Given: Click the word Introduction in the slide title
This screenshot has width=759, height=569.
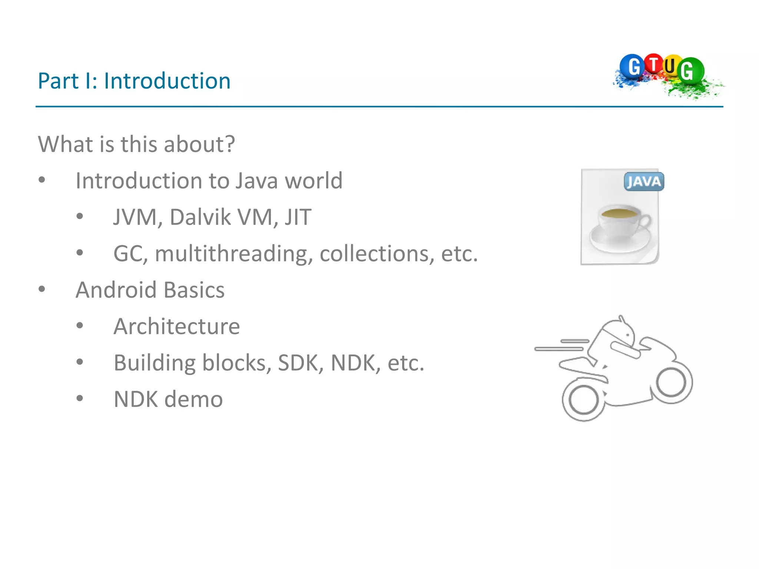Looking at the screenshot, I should click(x=167, y=81).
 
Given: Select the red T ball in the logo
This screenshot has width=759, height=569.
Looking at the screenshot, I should click(x=654, y=64).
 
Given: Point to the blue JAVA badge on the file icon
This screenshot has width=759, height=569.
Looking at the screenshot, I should click(x=644, y=182).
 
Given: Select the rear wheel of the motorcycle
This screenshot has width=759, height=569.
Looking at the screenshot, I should click(x=584, y=400).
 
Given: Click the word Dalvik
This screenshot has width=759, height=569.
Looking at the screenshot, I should click(x=200, y=217).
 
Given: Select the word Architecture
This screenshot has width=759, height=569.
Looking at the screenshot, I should click(x=177, y=326).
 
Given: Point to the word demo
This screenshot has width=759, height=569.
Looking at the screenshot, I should click(x=193, y=399).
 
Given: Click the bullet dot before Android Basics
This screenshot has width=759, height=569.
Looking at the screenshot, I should click(x=42, y=289).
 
